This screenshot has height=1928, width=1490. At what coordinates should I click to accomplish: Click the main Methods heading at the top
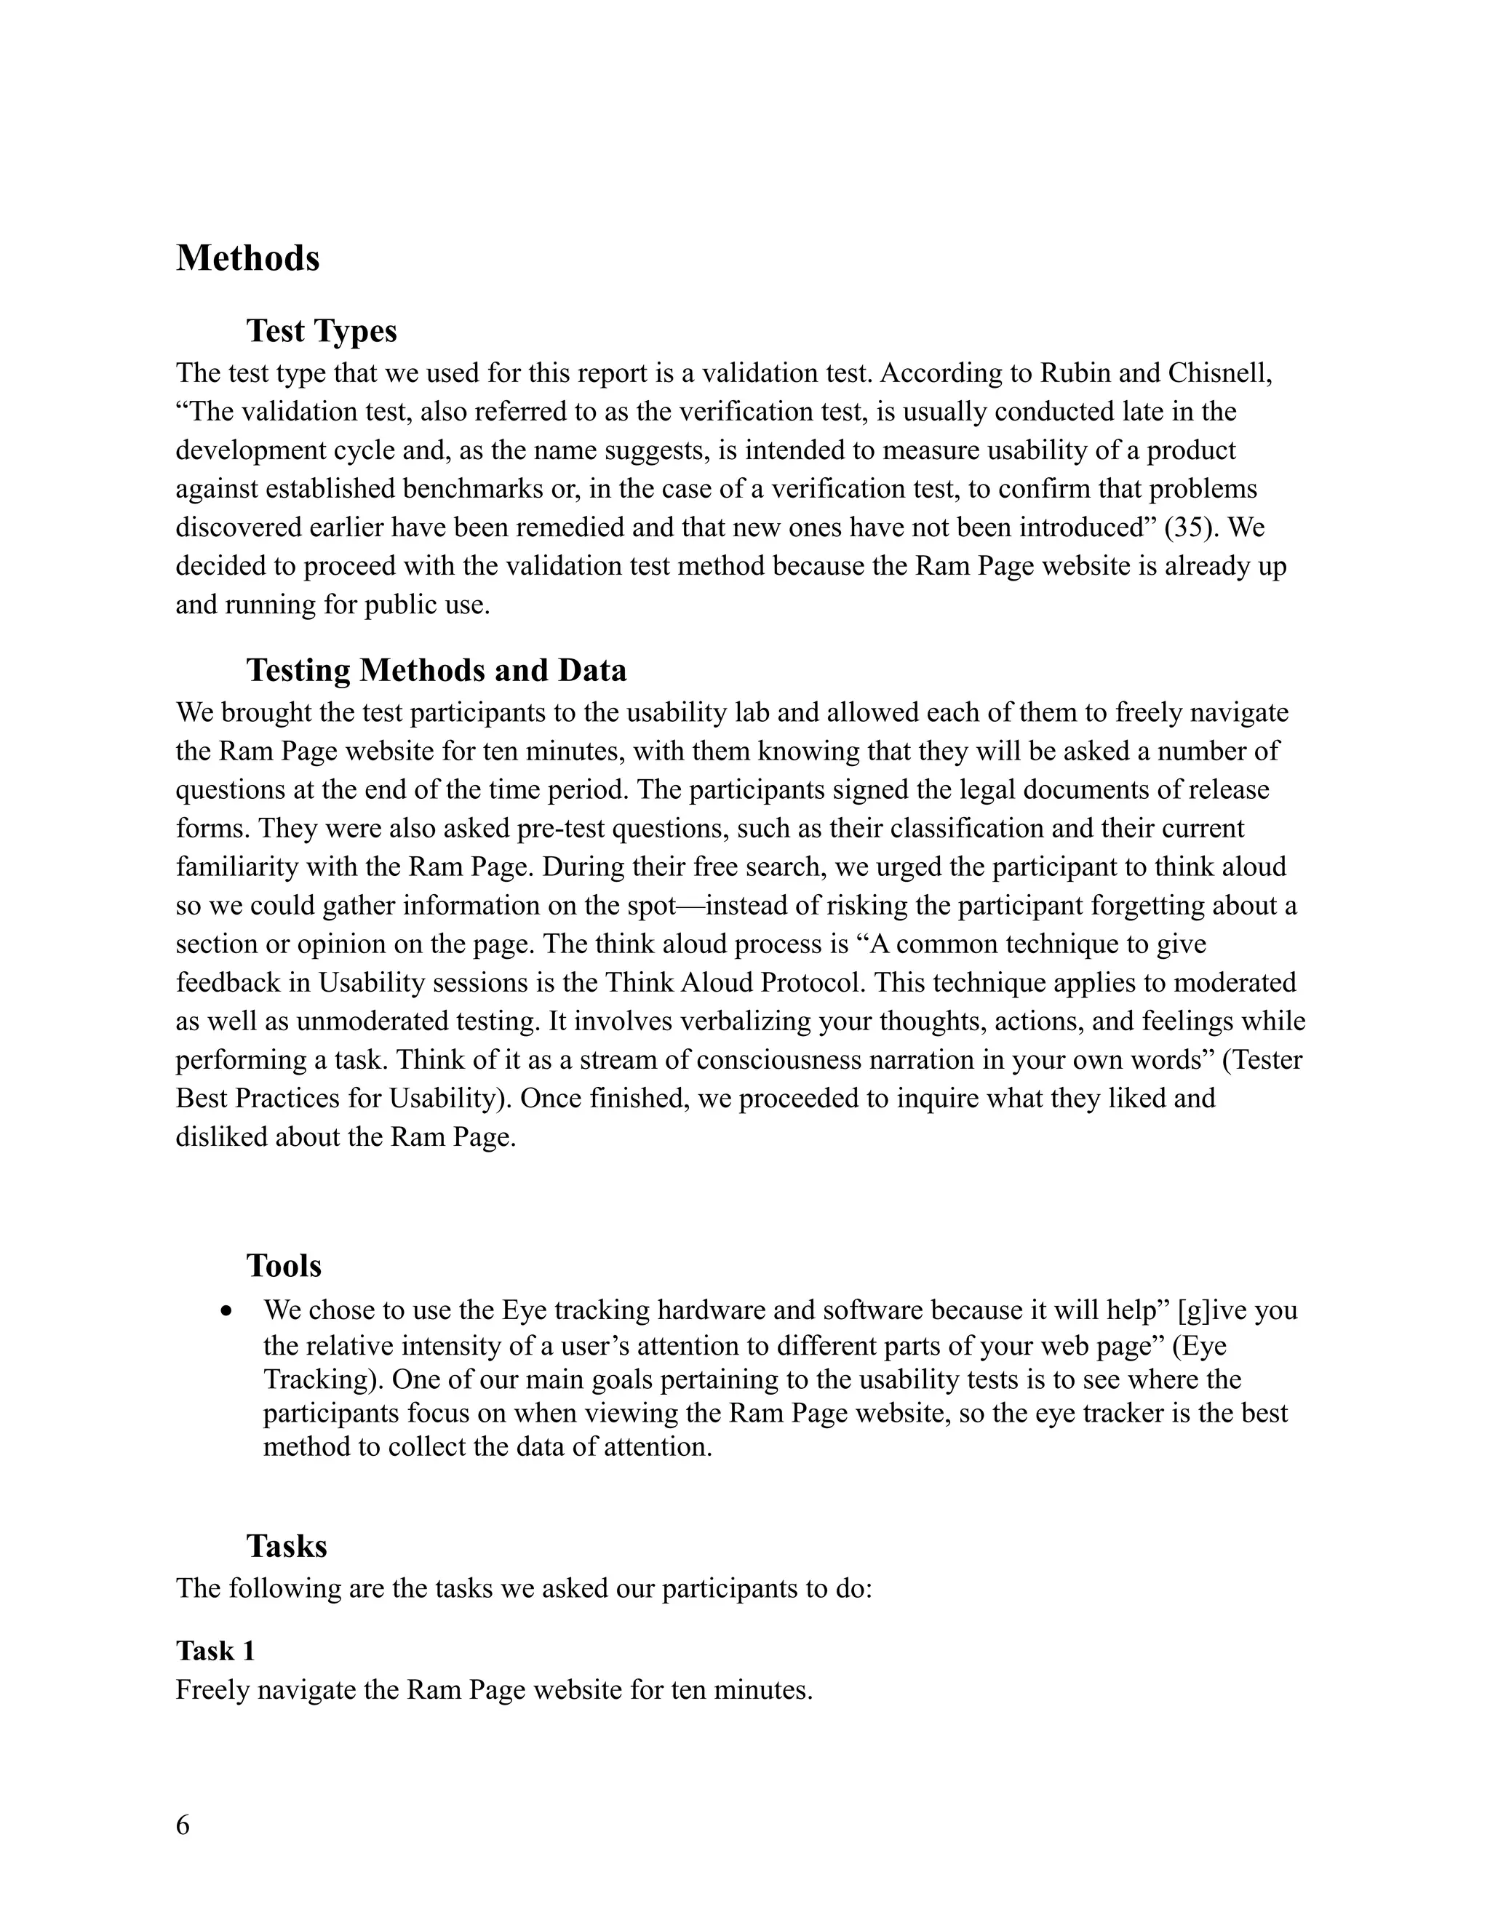(x=247, y=259)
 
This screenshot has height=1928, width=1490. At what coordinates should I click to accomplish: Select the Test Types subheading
(x=322, y=331)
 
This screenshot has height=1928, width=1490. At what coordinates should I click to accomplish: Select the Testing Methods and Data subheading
(x=436, y=670)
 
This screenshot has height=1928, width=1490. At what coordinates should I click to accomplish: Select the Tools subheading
(x=283, y=1266)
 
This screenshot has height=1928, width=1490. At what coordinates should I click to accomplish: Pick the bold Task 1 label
(x=215, y=1651)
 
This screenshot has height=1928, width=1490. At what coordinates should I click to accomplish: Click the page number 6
(x=183, y=1825)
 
